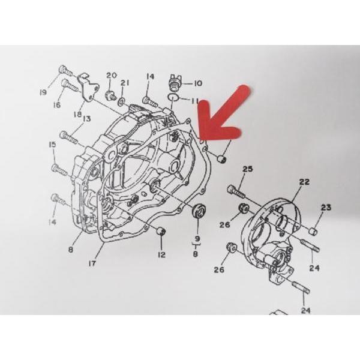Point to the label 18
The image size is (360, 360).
pyautogui.click(x=78, y=114)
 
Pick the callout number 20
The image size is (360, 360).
pyautogui.click(x=110, y=75)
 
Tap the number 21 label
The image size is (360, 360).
pyautogui.click(x=125, y=83)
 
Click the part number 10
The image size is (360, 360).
pyautogui.click(x=197, y=83)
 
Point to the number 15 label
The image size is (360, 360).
pyautogui.click(x=52, y=144)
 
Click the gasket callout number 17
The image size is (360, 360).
pyautogui.click(x=92, y=262)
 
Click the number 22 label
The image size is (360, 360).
pyautogui.click(x=304, y=181)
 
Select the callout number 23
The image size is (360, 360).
pyautogui.click(x=326, y=208)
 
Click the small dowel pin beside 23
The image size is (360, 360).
pyautogui.click(x=313, y=231)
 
